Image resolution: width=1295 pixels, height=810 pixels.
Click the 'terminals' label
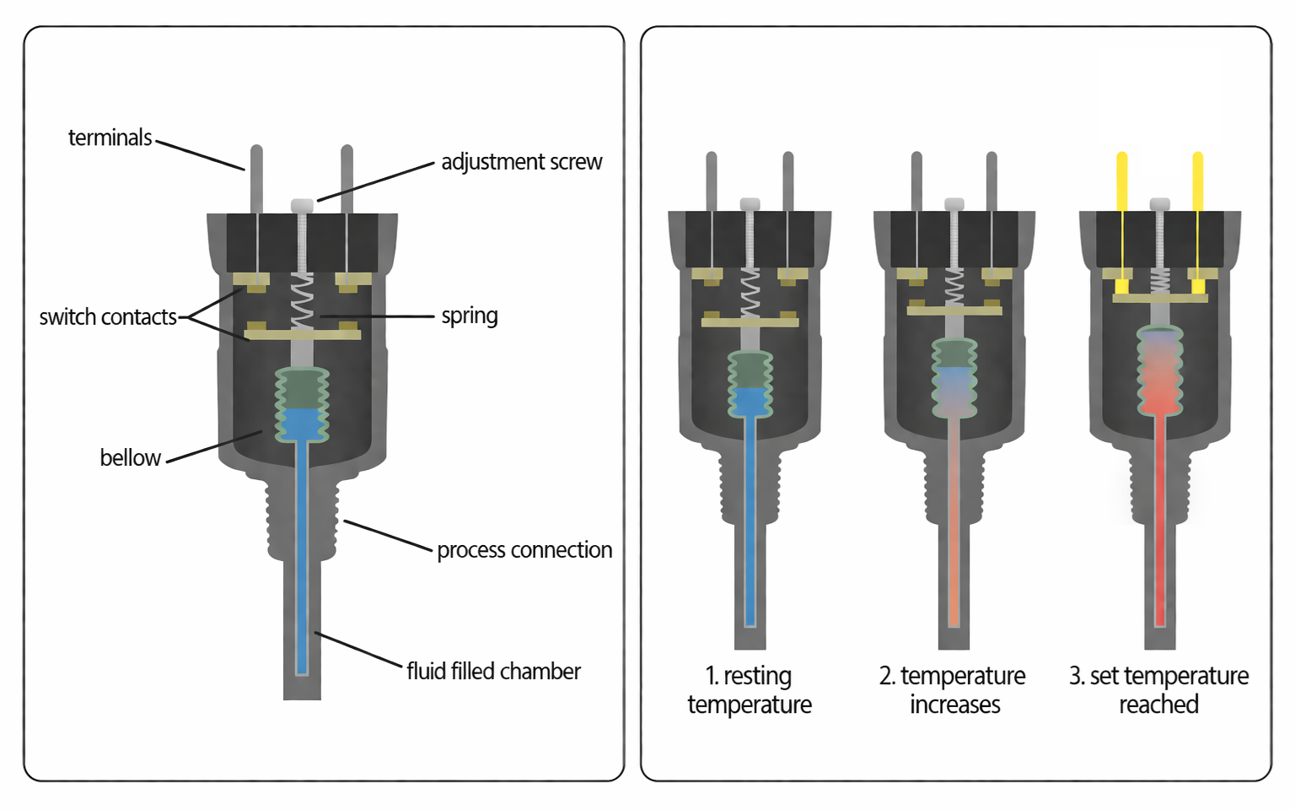[110, 138]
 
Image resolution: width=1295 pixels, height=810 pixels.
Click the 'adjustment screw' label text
[521, 162]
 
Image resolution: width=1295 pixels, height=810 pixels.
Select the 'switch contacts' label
[108, 317]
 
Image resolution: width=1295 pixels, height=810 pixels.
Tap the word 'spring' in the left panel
[470, 316]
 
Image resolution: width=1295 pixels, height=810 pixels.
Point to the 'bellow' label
[130, 457]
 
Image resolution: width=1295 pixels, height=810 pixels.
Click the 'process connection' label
[524, 550]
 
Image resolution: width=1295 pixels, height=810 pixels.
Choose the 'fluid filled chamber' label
[493, 672]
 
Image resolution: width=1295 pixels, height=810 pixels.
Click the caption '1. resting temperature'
[749, 690]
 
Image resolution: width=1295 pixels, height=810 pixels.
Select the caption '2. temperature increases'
[953, 690]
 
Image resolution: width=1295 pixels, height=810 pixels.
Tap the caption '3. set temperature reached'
[1158, 690]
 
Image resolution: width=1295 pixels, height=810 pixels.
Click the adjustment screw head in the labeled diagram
[302, 205]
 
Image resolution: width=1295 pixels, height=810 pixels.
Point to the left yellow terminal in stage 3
[1122, 181]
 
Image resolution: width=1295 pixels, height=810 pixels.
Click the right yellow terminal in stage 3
[1198, 181]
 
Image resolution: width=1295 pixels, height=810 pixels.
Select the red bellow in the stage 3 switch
[1160, 371]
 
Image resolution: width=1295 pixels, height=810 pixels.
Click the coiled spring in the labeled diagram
[302, 302]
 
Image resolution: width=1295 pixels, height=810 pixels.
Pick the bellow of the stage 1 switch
[750, 385]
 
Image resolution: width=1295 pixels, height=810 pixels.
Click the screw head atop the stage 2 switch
[954, 203]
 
